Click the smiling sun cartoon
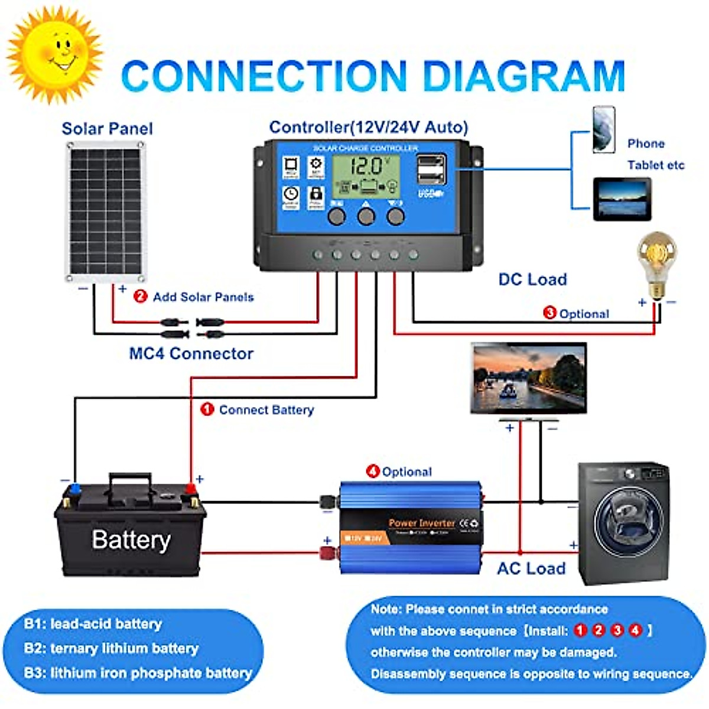(x=55, y=54)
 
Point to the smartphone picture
(x=604, y=129)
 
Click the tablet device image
(x=622, y=199)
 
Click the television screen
(x=529, y=377)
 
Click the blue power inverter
(x=411, y=528)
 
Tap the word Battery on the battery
(x=131, y=539)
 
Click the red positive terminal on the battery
(x=190, y=488)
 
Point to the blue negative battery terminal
(x=75, y=489)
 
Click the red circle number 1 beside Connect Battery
(x=207, y=409)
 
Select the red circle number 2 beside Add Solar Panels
(x=140, y=296)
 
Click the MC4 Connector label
(x=191, y=353)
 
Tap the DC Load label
(x=532, y=279)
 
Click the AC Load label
(x=531, y=568)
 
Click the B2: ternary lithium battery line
(x=111, y=648)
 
